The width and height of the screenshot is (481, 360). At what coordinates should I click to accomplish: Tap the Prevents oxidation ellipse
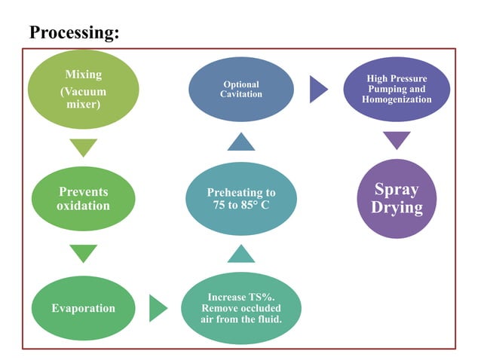pyautogui.click(x=84, y=199)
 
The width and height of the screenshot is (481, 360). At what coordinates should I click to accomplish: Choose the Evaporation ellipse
pyautogui.click(x=83, y=308)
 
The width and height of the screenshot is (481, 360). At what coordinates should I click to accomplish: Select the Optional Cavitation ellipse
pyautogui.click(x=241, y=90)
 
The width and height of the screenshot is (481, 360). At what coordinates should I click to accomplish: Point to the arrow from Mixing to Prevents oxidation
pyautogui.click(x=84, y=147)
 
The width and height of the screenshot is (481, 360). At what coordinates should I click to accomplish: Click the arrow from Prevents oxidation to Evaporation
pyautogui.click(x=84, y=253)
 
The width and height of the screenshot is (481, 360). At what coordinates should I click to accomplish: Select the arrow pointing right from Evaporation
pyautogui.click(x=158, y=308)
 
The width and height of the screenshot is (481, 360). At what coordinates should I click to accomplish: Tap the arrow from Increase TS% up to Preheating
pyautogui.click(x=241, y=253)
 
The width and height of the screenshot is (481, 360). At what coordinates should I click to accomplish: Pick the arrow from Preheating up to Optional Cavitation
pyautogui.click(x=241, y=142)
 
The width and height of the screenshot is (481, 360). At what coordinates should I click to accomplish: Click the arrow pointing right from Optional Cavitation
pyautogui.click(x=319, y=90)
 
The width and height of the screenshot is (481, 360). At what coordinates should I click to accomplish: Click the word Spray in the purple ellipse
pyautogui.click(x=397, y=189)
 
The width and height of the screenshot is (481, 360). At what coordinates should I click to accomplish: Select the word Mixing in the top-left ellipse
pyautogui.click(x=84, y=75)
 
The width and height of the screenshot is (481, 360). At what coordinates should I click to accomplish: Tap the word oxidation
pyautogui.click(x=84, y=206)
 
